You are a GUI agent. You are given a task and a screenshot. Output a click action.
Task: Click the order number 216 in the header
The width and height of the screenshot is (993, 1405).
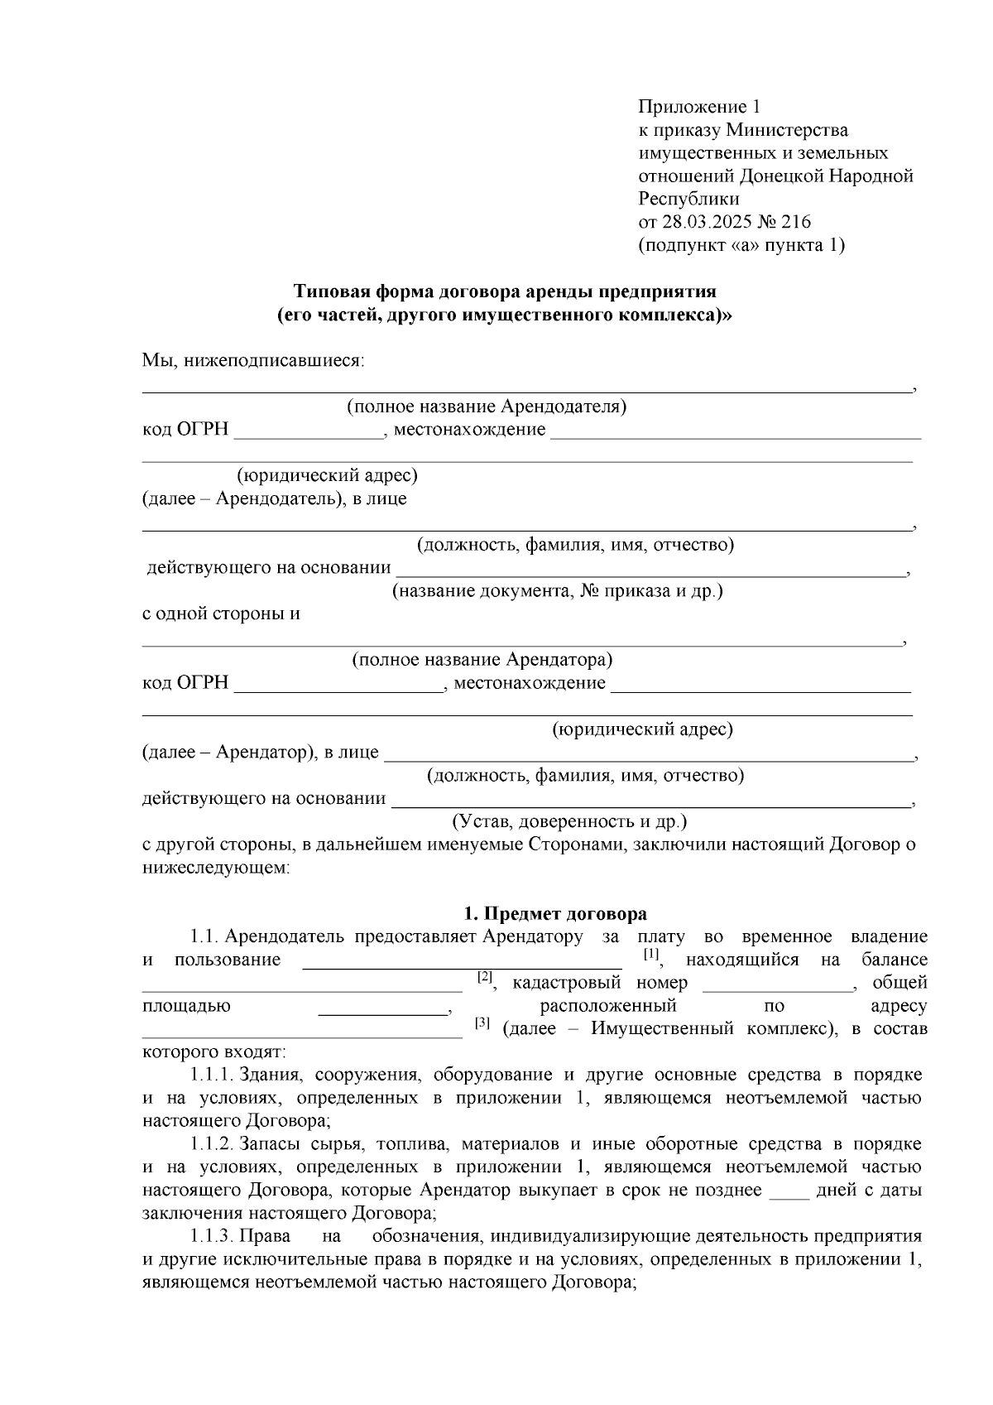(x=795, y=222)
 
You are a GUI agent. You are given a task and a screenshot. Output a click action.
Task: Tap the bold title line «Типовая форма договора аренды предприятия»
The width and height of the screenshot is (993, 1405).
(x=505, y=291)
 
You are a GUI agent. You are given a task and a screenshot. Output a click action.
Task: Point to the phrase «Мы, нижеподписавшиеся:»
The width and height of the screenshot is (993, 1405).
(x=253, y=360)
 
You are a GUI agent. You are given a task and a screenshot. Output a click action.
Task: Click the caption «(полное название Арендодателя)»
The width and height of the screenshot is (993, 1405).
(x=486, y=407)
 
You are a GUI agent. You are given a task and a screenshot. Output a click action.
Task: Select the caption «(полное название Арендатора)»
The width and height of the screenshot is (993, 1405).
(x=482, y=660)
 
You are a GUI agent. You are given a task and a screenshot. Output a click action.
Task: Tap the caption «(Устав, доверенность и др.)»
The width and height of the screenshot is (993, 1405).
(x=569, y=822)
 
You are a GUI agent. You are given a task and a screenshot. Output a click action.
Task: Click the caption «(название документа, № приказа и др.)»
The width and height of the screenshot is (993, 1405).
(x=557, y=591)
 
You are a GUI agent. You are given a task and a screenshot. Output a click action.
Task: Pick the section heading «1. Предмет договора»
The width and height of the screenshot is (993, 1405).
(x=555, y=914)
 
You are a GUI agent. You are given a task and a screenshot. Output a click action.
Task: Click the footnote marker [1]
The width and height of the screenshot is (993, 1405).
(x=651, y=955)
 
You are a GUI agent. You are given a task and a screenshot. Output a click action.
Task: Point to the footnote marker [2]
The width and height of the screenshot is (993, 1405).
(x=485, y=978)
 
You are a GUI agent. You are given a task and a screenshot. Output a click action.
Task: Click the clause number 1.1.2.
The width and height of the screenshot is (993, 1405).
(x=212, y=1145)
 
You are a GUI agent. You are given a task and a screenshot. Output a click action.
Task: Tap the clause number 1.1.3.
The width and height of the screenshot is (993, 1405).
(x=212, y=1237)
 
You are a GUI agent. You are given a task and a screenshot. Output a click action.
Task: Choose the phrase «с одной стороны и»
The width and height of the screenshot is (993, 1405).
(x=221, y=614)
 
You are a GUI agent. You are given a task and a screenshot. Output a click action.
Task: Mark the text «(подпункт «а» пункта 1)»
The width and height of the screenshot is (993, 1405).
(x=741, y=245)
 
